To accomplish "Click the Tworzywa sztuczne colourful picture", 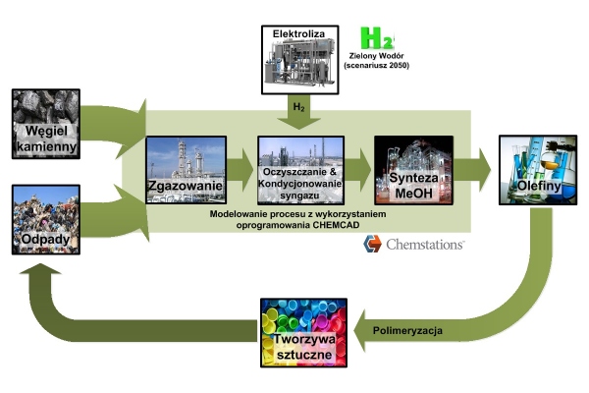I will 298,331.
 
